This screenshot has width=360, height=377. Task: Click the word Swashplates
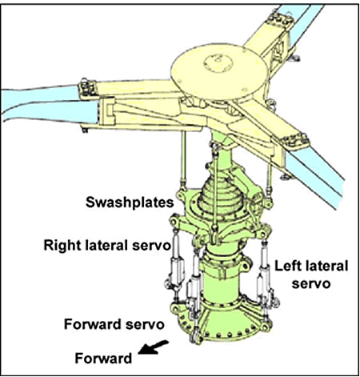pyautogui.click(x=130, y=203)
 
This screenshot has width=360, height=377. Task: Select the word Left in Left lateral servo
pyautogui.click(x=289, y=266)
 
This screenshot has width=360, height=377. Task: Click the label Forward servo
pyautogui.click(x=114, y=325)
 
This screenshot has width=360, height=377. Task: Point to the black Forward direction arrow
pyautogui.click(x=153, y=347)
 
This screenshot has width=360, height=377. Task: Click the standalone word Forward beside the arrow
pyautogui.click(x=103, y=359)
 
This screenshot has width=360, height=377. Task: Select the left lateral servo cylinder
pyautogui.click(x=264, y=278)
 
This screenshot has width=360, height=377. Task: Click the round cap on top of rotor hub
pyautogui.click(x=218, y=70)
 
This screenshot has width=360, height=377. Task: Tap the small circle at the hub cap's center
pyautogui.click(x=218, y=63)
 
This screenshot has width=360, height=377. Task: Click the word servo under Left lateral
pyautogui.click(x=311, y=283)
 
